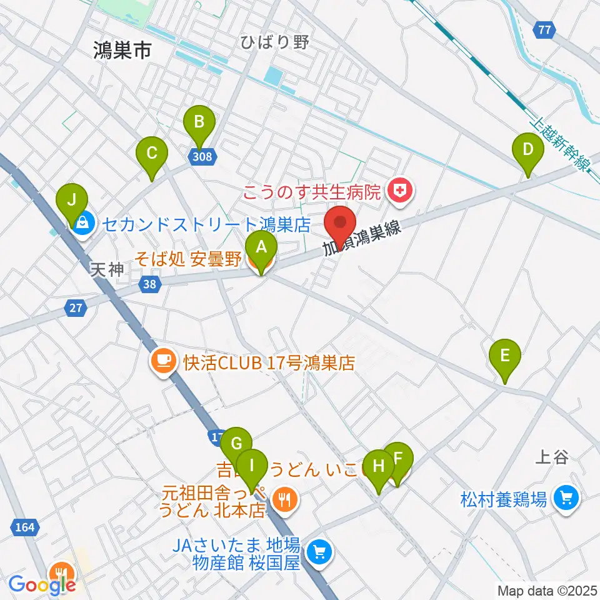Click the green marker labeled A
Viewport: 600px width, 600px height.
[x=261, y=247]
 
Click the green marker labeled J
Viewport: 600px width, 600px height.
[x=72, y=201]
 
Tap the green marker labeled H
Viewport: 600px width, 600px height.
[x=378, y=467]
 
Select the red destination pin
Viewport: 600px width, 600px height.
[x=341, y=225]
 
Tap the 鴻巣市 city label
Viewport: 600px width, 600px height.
[x=122, y=50]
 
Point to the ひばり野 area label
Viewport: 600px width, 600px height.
[x=274, y=42]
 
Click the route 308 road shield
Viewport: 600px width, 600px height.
[x=202, y=156]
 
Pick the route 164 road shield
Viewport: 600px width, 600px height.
[x=24, y=527]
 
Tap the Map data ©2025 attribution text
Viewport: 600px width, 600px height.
[x=547, y=590]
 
